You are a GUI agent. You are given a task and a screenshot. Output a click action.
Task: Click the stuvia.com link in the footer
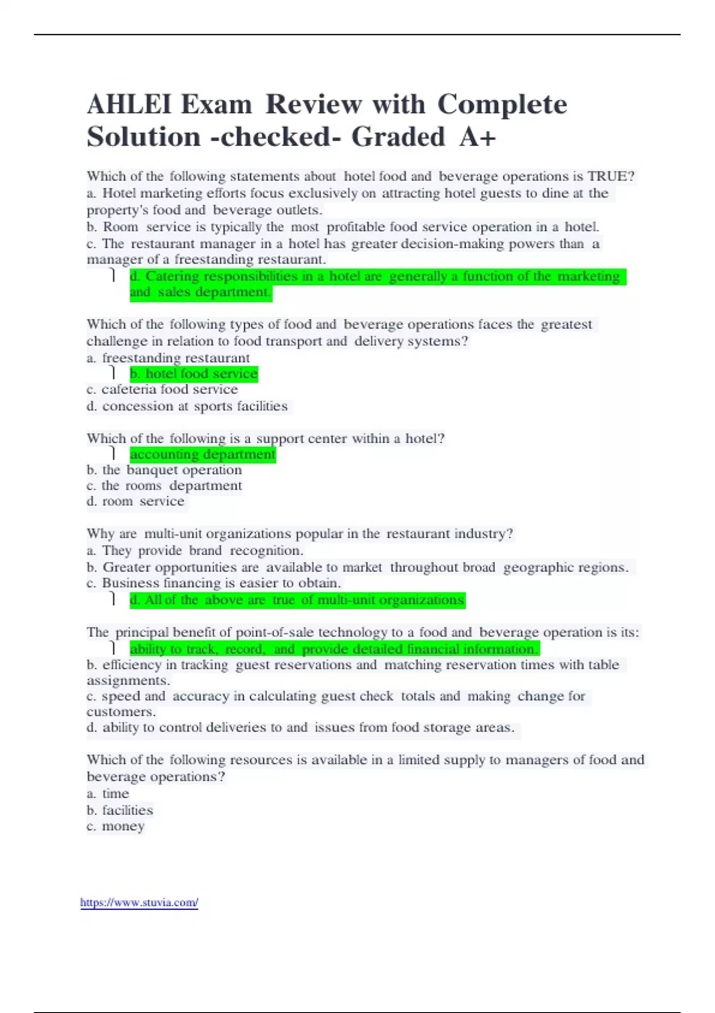(139, 903)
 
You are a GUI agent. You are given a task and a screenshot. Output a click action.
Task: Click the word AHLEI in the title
(128, 105)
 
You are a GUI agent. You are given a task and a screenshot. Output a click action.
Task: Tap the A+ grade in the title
(478, 137)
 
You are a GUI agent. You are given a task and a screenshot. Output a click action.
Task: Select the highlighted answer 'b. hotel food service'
(194, 374)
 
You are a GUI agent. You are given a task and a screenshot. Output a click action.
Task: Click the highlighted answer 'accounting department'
(203, 455)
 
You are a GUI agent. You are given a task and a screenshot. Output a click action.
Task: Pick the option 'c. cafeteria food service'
(162, 390)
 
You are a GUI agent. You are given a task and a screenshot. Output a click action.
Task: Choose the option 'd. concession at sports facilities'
(187, 406)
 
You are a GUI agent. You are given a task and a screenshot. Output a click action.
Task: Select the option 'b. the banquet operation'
(164, 470)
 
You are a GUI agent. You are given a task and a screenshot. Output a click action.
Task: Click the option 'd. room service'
(136, 502)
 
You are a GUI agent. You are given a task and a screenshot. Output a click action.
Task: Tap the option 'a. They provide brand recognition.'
(195, 551)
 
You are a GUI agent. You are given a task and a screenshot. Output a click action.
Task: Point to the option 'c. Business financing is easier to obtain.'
(214, 583)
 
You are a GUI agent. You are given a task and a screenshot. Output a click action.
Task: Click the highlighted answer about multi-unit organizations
(297, 600)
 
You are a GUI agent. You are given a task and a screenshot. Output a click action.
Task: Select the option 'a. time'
(108, 794)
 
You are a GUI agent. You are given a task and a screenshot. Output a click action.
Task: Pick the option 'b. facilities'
(120, 810)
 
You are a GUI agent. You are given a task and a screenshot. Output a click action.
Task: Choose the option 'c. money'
(116, 826)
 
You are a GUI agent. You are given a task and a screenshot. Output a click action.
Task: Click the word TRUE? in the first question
(611, 176)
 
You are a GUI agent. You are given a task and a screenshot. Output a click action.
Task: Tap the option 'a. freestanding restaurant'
(168, 358)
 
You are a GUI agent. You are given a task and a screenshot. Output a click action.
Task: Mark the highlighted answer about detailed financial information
(334, 649)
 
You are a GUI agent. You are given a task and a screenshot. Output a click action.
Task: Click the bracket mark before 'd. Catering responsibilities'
(113, 275)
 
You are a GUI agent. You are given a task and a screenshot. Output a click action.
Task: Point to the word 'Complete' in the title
(502, 105)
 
